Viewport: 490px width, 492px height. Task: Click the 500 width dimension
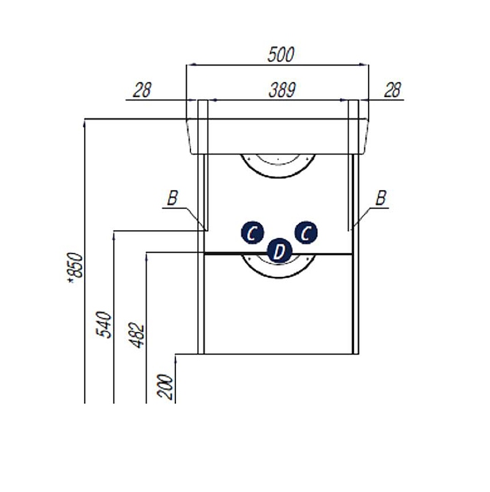[x=280, y=55]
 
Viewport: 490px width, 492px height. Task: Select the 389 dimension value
[x=280, y=90]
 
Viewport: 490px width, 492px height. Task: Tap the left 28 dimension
[x=142, y=90]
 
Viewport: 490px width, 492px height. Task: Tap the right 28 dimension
[x=392, y=90]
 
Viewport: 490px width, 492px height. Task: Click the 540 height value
[x=104, y=325]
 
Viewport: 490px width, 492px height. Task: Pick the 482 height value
[x=139, y=335]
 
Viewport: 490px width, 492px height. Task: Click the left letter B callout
[x=173, y=198]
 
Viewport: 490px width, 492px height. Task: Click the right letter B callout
[x=381, y=198]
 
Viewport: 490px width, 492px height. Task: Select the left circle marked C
[x=252, y=233]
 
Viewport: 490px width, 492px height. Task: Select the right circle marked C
[x=305, y=232]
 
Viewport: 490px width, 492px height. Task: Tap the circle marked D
[x=278, y=251]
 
